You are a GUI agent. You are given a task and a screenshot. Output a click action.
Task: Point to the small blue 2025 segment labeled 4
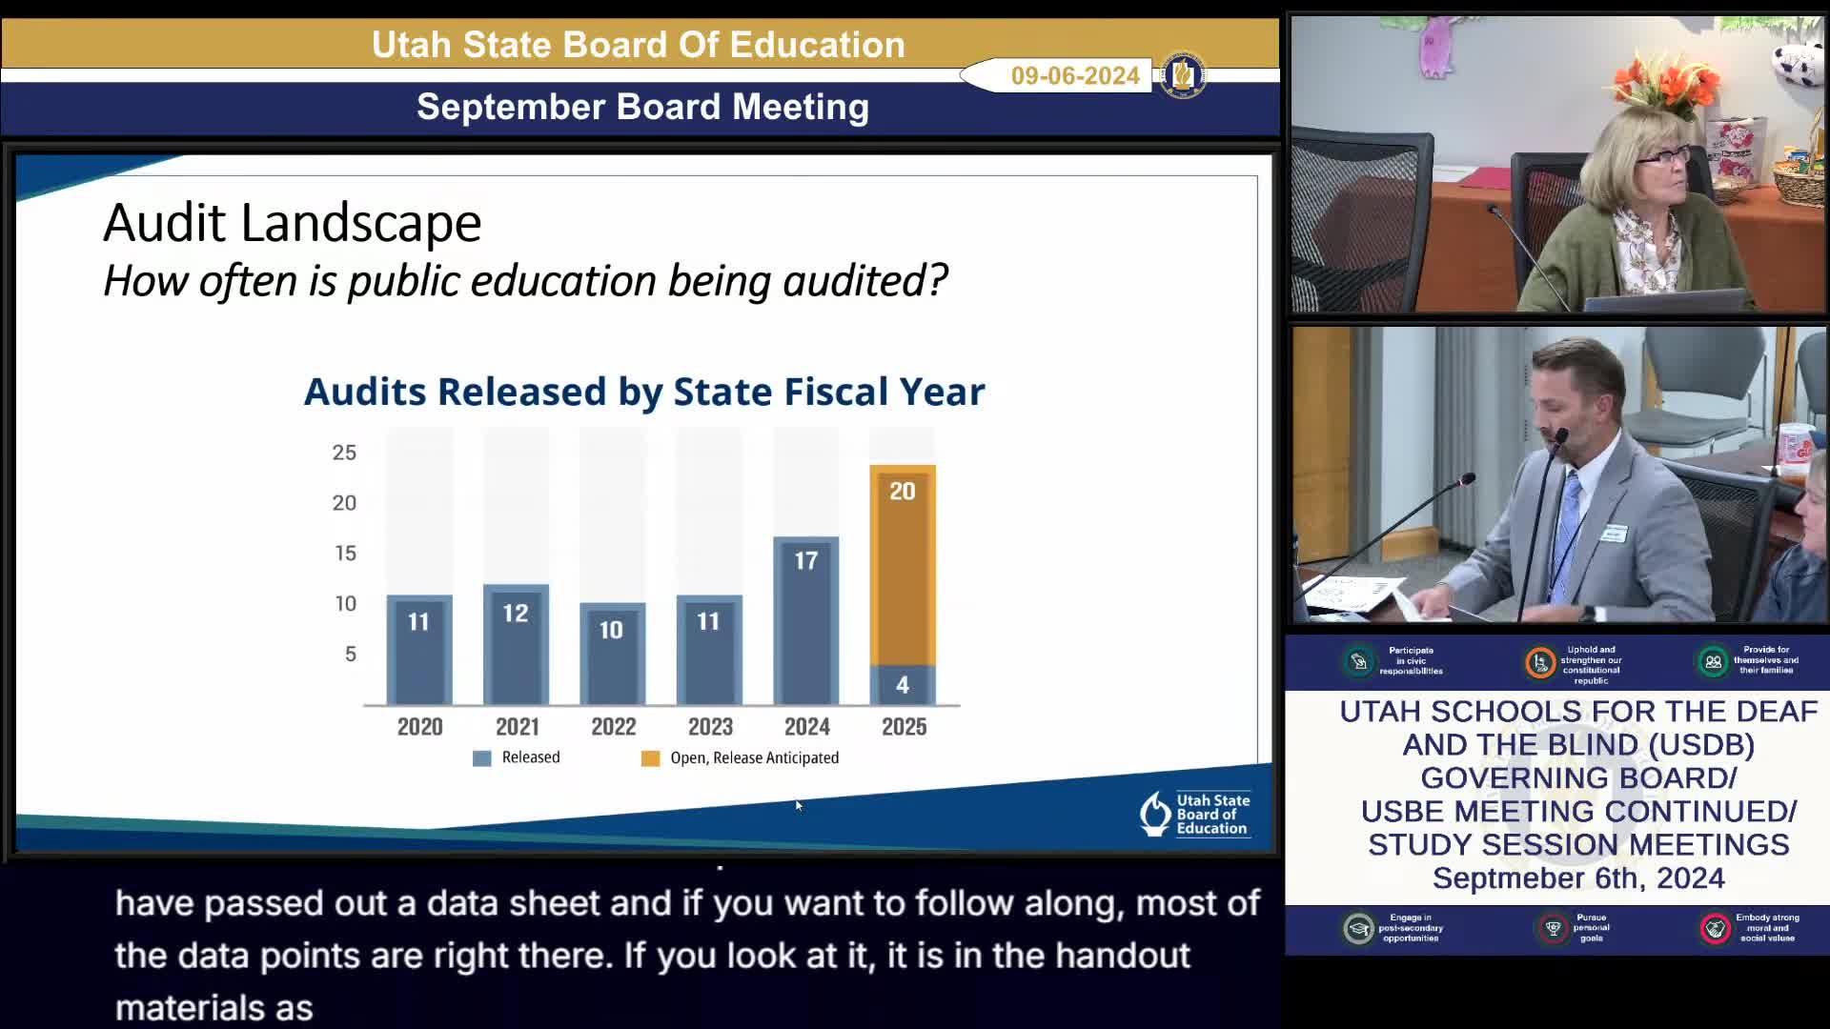tap(902, 684)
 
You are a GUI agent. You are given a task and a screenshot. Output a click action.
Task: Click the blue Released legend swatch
tap(482, 758)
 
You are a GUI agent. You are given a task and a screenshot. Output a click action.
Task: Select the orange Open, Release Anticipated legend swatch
tap(650, 758)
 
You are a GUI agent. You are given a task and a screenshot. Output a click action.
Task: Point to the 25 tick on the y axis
tap(344, 453)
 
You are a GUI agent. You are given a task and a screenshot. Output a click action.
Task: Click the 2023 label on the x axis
tap(710, 727)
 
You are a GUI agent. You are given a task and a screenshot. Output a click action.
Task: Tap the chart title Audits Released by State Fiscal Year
tap(644, 392)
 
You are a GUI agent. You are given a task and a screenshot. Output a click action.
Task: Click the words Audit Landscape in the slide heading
tap(293, 223)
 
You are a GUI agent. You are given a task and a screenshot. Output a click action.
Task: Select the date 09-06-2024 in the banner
tap(1075, 76)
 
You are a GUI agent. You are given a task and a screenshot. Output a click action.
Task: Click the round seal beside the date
tap(1183, 75)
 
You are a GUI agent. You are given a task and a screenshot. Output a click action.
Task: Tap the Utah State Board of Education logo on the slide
tap(1195, 815)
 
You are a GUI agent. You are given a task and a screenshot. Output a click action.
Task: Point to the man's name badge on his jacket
tap(1613, 534)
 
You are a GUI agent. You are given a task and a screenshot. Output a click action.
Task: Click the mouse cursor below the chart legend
tap(798, 805)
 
